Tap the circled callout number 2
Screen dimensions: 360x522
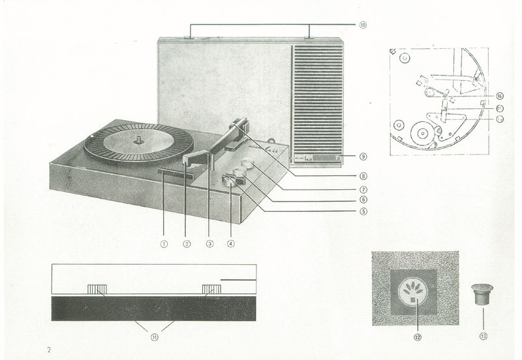[187, 245]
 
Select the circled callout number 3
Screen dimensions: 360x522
[209, 245]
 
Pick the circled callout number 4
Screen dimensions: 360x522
[231, 245]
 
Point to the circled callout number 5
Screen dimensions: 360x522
[363, 211]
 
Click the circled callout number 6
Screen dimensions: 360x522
[363, 200]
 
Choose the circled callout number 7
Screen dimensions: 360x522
[363, 188]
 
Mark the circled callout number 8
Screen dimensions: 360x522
[363, 176]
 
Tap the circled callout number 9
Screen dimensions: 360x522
[363, 157]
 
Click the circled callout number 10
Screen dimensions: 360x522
[363, 25]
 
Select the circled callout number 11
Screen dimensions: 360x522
[154, 337]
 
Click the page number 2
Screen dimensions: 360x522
[48, 350]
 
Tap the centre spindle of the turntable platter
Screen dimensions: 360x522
[139, 138]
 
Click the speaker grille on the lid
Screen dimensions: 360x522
[318, 98]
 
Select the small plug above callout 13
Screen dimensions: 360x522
[482, 293]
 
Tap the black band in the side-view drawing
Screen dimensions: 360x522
[154, 308]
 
